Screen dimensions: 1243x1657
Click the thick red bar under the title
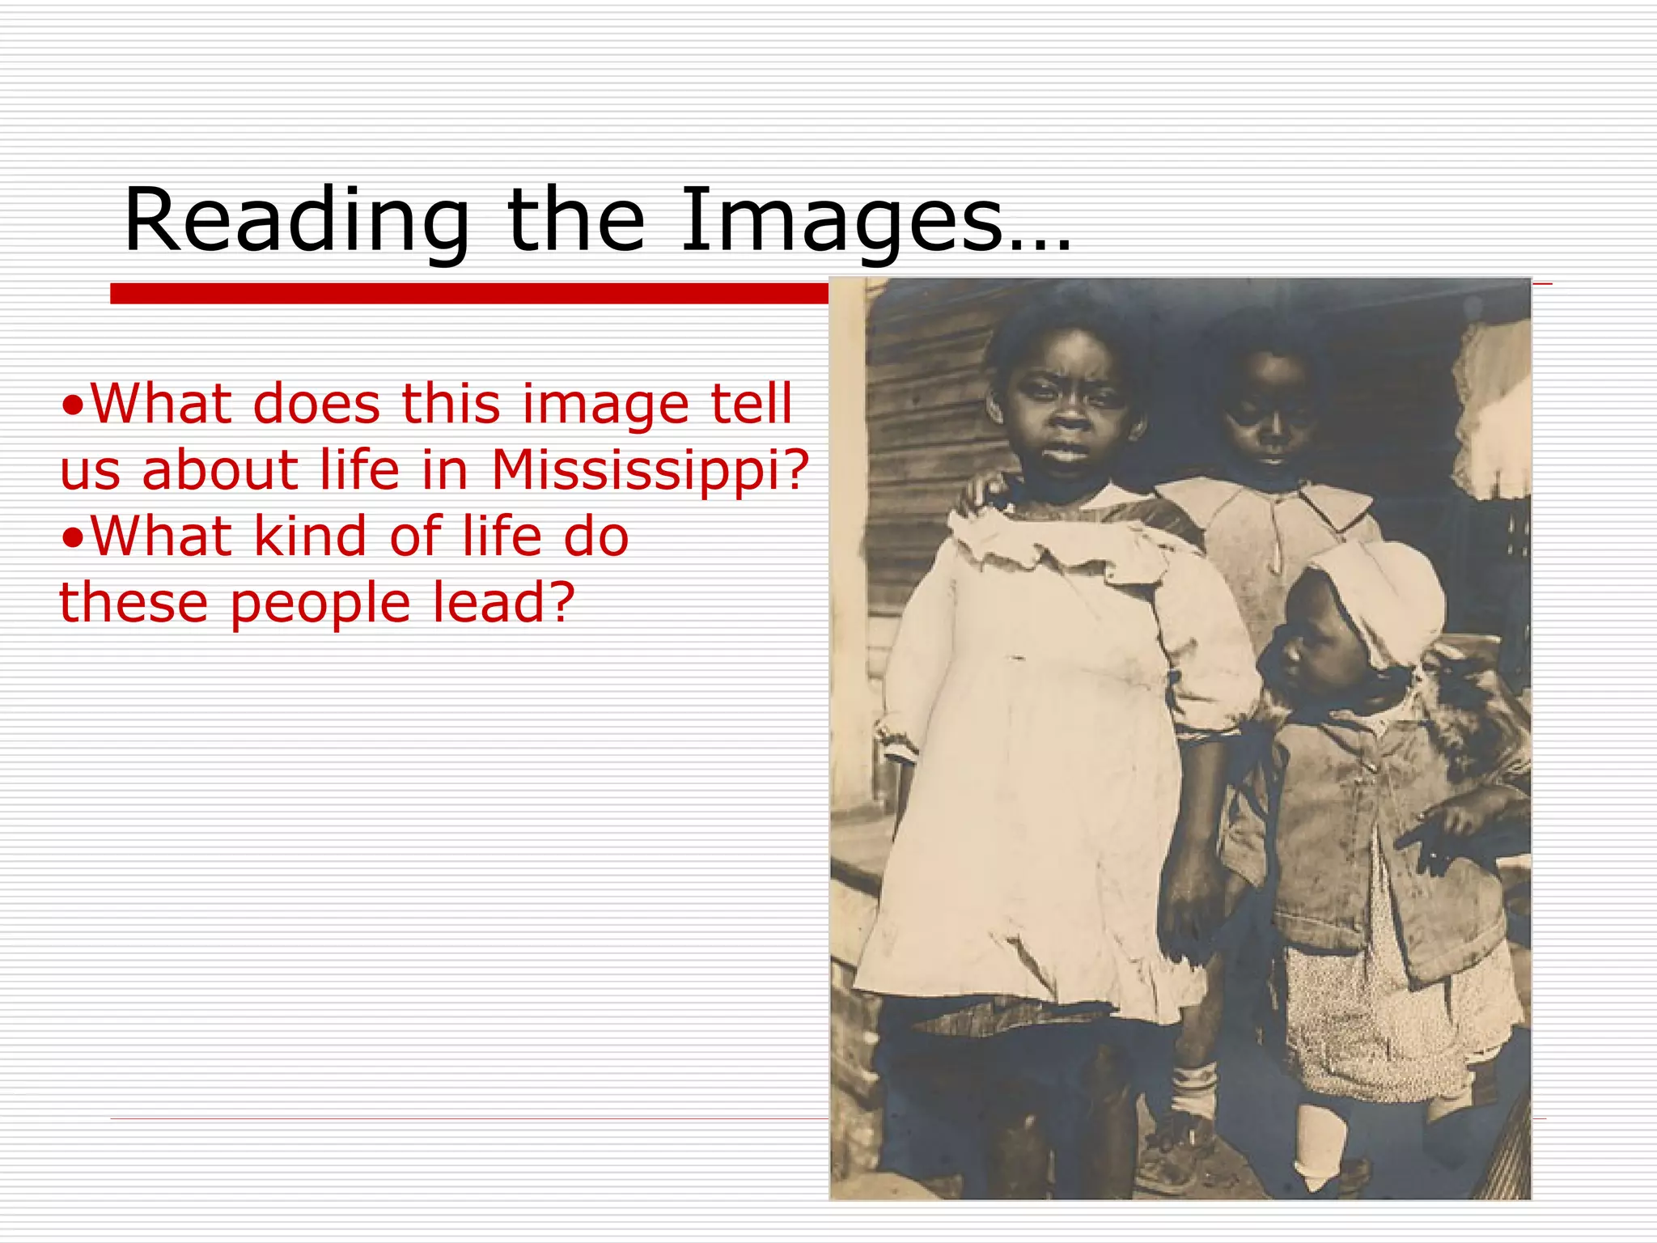coord(469,293)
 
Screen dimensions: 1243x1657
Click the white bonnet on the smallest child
coord(1384,599)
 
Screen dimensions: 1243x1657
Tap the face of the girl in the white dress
coord(1068,405)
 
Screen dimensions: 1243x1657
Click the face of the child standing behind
coord(1270,413)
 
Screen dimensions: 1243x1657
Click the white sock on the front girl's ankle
coord(1193,1088)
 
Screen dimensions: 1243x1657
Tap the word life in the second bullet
coord(494,536)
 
